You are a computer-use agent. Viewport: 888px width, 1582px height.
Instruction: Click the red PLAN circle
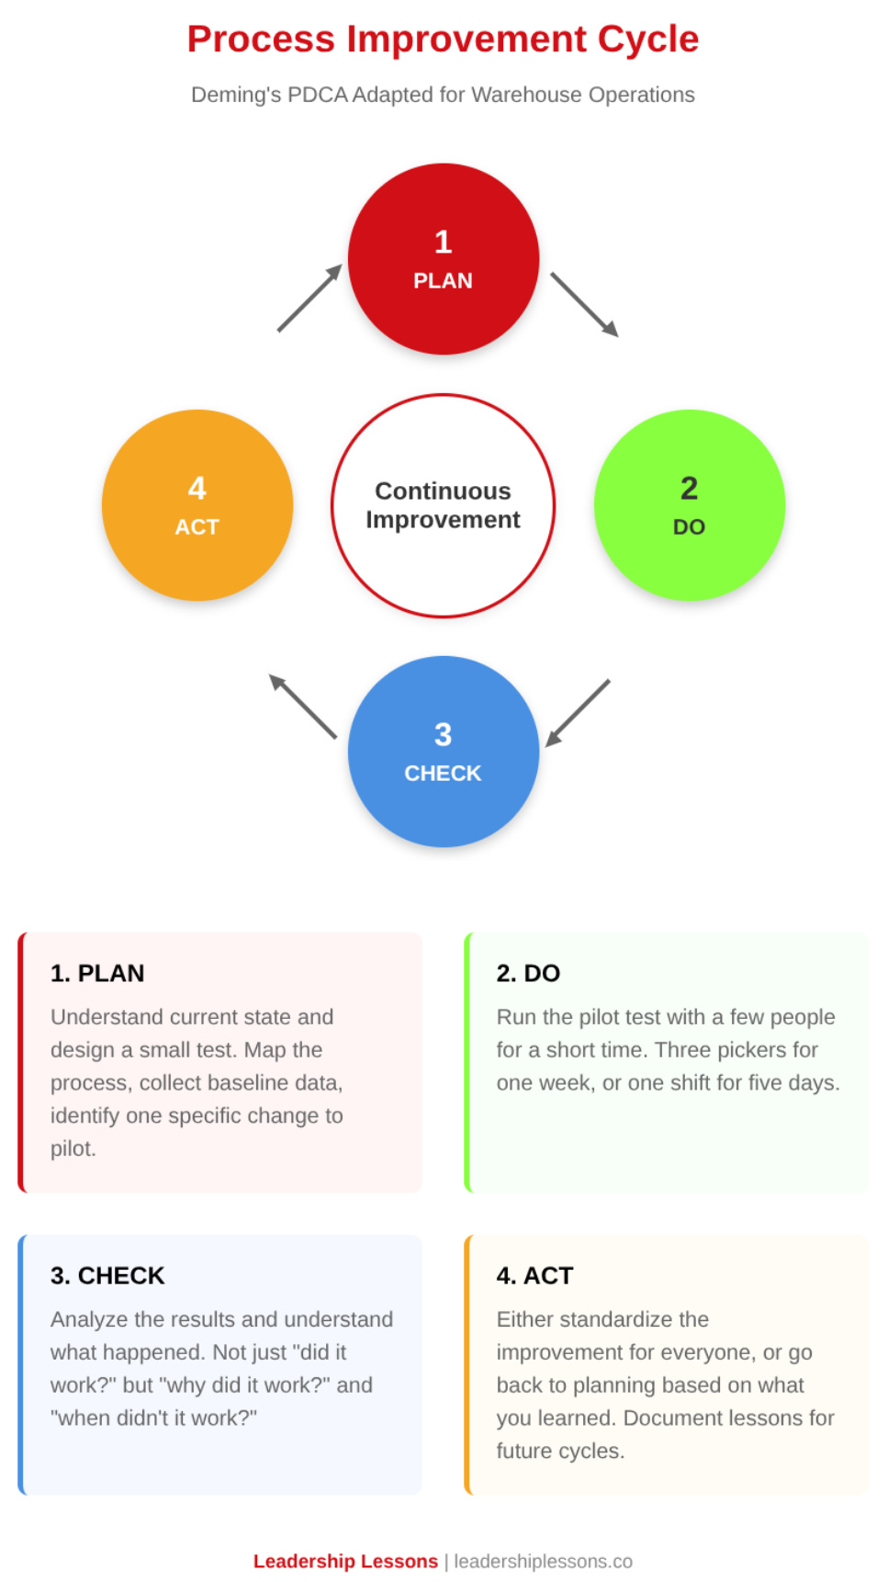[443, 259]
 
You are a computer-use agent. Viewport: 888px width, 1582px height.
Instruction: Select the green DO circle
[689, 505]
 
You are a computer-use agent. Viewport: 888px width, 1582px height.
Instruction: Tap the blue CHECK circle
[443, 751]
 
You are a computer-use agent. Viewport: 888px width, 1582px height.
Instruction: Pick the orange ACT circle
[197, 505]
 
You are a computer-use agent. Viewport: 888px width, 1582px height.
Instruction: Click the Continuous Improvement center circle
[443, 505]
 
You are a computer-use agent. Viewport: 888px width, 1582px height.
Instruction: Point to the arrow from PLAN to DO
[584, 304]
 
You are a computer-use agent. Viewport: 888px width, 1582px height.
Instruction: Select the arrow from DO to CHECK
[578, 713]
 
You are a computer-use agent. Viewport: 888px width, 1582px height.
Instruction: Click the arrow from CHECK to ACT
[303, 706]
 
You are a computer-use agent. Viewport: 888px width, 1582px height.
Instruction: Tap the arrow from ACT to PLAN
[309, 299]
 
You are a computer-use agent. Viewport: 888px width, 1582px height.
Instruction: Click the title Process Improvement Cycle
[443, 40]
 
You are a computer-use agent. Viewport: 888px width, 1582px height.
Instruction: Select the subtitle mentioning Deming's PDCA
[443, 95]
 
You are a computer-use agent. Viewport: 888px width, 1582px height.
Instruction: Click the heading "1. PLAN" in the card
[97, 973]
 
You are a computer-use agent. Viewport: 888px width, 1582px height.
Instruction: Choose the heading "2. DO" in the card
[528, 973]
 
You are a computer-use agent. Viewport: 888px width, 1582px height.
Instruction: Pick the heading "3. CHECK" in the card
[107, 1275]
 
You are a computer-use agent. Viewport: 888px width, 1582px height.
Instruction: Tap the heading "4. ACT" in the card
[534, 1275]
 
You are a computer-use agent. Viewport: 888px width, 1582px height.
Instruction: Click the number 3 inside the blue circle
[443, 734]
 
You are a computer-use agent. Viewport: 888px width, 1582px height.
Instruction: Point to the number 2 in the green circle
[689, 488]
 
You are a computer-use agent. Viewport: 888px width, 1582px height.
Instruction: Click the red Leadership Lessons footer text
[345, 1561]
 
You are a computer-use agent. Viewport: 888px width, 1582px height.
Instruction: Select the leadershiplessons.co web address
[543, 1561]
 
